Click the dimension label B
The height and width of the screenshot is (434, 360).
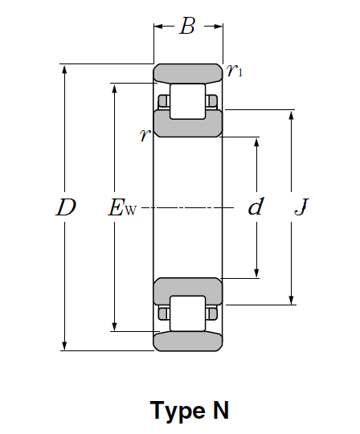click(187, 26)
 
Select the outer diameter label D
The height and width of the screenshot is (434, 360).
click(66, 207)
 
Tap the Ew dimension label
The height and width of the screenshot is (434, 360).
click(122, 207)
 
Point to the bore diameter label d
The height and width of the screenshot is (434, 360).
click(256, 207)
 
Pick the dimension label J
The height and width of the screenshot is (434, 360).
click(301, 207)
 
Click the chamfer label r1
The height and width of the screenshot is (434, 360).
click(235, 70)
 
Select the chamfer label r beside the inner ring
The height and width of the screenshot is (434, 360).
click(145, 135)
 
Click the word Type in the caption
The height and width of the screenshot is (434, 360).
click(178, 411)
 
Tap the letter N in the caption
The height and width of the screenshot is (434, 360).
click(221, 410)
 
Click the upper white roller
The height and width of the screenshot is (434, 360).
click(188, 101)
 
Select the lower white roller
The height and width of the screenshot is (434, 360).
click(188, 313)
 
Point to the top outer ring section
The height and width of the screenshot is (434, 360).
click(188, 74)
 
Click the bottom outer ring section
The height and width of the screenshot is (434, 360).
click(188, 342)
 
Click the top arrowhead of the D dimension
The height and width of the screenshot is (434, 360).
click(64, 69)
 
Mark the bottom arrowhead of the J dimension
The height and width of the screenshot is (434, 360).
click(291, 300)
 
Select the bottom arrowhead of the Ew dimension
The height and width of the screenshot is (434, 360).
click(115, 325)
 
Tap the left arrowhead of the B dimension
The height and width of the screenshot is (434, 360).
click(159, 27)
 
